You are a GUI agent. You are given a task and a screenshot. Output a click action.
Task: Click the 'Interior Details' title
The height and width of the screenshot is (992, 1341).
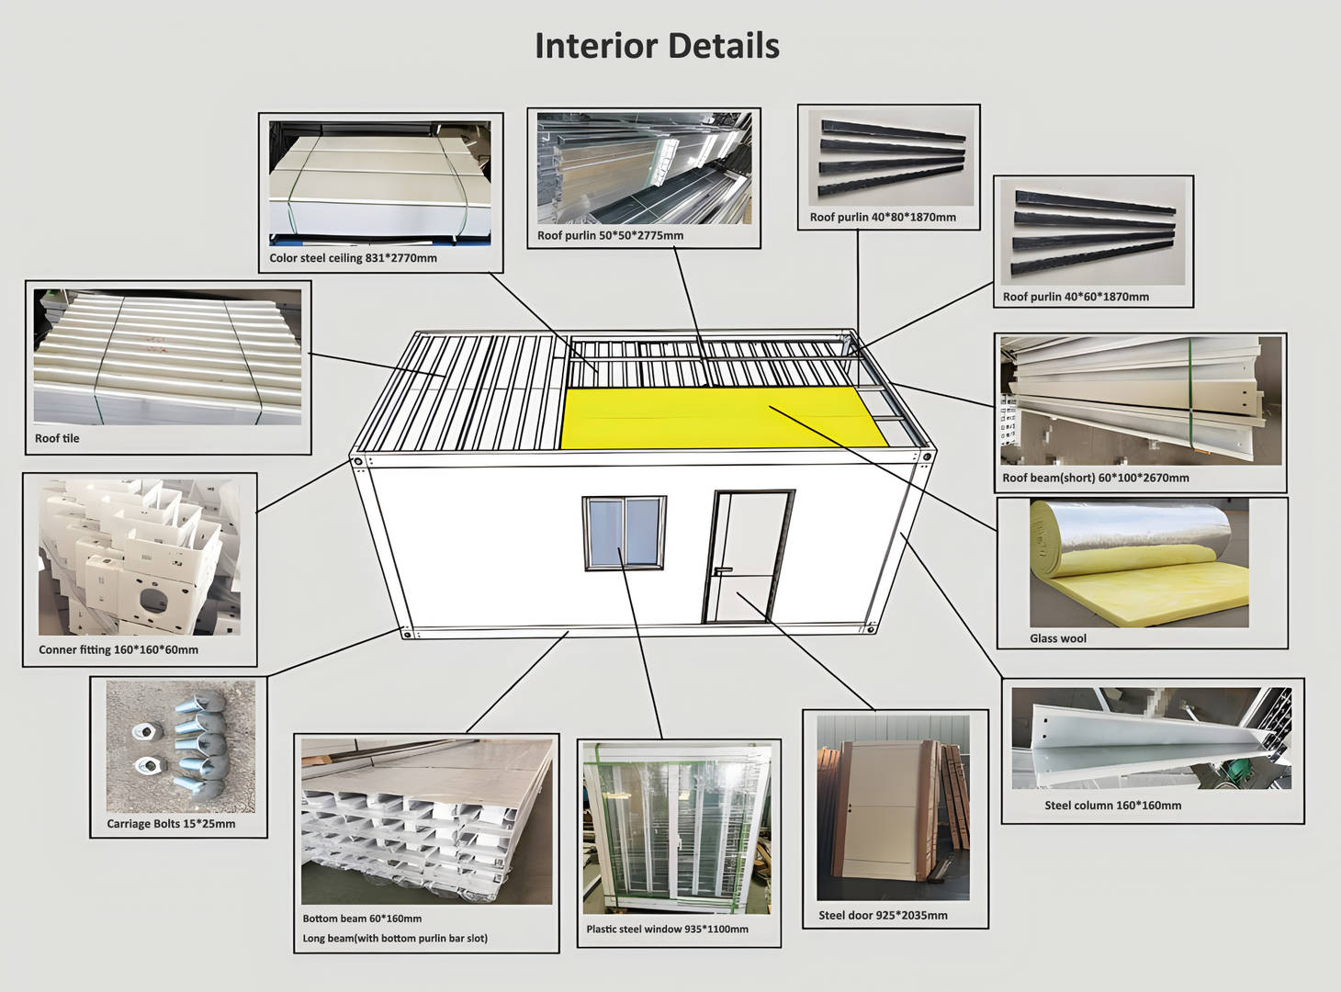click(657, 46)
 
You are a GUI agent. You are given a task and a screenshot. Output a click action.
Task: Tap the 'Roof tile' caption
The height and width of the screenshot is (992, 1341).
click(57, 438)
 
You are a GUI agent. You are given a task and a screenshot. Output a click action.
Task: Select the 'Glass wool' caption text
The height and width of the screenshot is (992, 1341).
click(1057, 638)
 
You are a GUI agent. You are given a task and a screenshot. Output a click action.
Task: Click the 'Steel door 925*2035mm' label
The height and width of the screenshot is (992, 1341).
click(883, 915)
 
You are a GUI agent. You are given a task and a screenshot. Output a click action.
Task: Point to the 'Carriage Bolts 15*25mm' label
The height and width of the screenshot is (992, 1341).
click(171, 824)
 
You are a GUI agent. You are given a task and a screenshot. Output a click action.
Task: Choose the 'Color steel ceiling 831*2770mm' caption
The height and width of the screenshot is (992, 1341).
click(353, 258)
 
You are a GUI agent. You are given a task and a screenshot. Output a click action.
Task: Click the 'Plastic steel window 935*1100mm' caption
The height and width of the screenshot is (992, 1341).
click(667, 929)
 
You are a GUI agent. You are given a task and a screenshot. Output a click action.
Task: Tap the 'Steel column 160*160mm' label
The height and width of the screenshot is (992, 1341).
click(1112, 806)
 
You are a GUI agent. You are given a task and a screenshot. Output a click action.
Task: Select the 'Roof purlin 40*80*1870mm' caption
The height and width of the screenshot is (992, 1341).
click(883, 218)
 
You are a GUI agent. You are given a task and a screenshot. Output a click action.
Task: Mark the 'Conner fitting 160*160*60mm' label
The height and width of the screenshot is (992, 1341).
click(118, 649)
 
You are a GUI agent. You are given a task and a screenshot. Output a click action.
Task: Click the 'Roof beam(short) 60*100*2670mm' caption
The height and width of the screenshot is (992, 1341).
click(1096, 478)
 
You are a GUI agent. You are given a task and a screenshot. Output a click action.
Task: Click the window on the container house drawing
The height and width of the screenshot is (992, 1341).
click(624, 533)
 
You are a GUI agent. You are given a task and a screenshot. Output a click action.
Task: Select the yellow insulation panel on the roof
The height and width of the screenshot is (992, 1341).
click(716, 418)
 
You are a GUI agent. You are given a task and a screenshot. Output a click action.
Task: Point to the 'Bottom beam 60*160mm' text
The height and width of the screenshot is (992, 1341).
click(362, 919)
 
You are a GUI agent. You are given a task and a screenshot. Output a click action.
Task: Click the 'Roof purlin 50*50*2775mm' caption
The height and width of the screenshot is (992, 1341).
click(610, 236)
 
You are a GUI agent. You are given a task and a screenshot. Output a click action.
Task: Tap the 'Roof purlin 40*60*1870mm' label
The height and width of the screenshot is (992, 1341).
click(1076, 297)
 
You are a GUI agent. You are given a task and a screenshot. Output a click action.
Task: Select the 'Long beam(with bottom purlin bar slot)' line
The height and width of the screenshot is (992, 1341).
click(395, 938)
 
